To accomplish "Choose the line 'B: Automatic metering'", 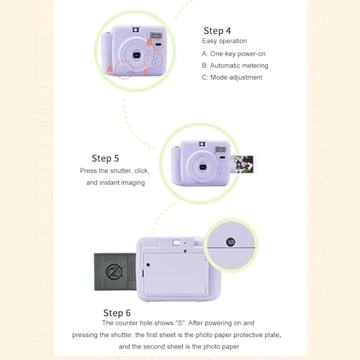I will tap(235, 66).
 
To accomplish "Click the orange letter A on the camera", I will tap(110, 69).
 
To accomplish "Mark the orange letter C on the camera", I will tap(146, 71).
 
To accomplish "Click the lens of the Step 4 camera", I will tap(135, 56).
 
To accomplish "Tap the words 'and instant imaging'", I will tap(116, 183).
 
